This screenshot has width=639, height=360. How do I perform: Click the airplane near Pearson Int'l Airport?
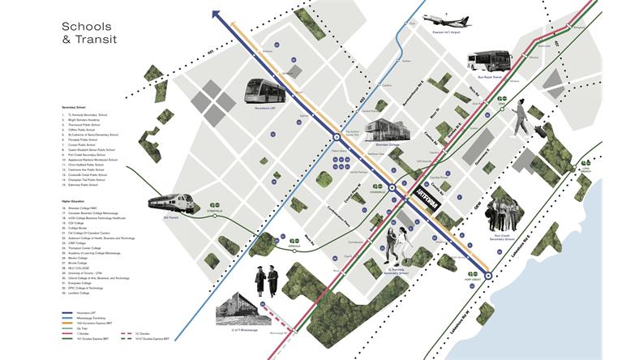pyautogui.click(x=445, y=19)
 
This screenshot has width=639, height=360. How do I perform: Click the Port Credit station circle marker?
pyautogui.click(x=489, y=272)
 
